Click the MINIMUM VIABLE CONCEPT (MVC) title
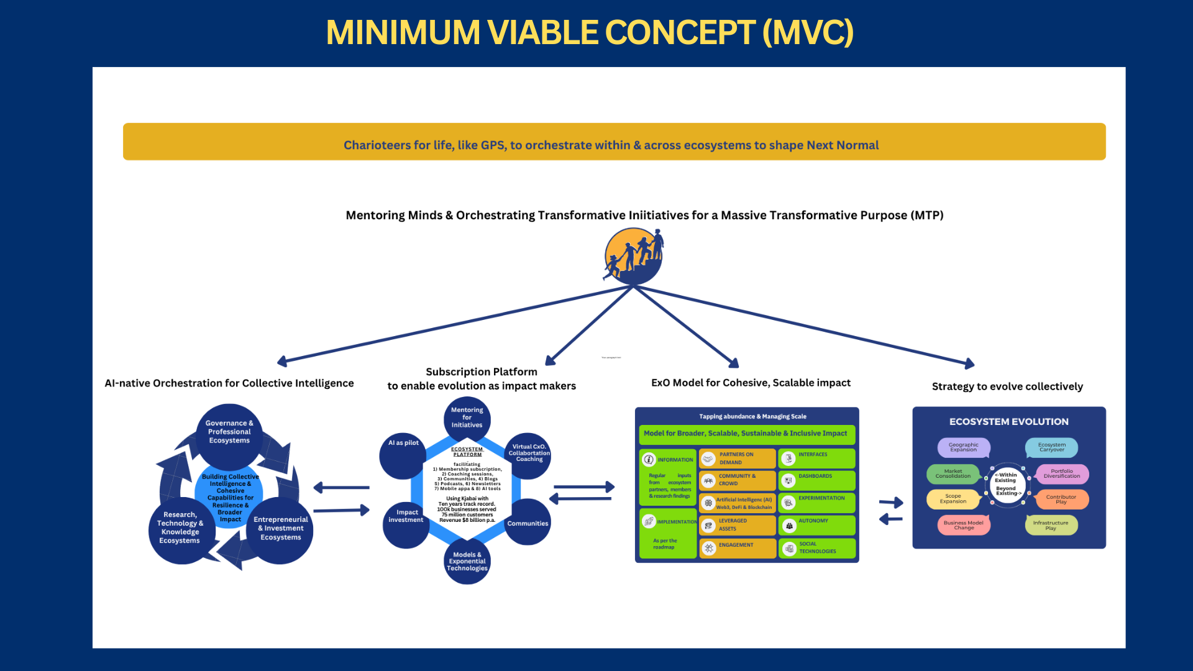tap(590, 32)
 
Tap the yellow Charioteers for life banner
tap(614, 142)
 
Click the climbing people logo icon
tap(633, 256)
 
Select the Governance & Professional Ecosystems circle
tap(229, 432)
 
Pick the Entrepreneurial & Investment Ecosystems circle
tap(281, 529)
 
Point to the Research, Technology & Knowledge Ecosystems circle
tap(180, 529)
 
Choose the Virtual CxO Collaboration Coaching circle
tap(529, 454)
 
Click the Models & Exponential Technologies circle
tap(467, 562)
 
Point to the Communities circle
tap(528, 523)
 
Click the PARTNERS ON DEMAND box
tap(738, 459)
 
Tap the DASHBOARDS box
tap(817, 480)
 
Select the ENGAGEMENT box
tap(738, 548)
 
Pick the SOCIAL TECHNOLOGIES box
tap(817, 548)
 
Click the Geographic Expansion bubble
tap(963, 447)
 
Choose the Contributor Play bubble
tap(1061, 500)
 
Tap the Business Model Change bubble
tap(963, 525)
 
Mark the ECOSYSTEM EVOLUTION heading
tap(1008, 422)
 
